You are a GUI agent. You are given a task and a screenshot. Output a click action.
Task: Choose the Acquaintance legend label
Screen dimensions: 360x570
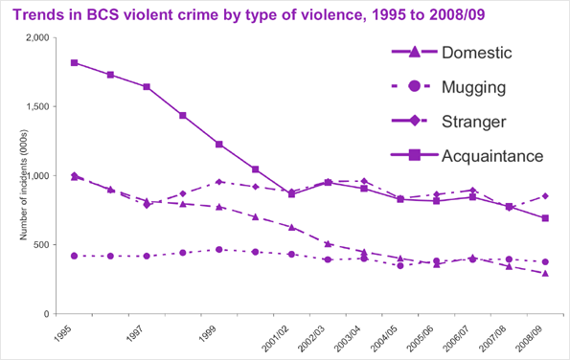click(492, 155)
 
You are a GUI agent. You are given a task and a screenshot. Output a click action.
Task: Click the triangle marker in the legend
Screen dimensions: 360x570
click(414, 52)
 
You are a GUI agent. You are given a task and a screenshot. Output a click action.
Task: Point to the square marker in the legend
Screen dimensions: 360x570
click(414, 155)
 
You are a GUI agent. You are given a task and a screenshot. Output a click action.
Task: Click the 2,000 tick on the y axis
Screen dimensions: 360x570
click(34, 38)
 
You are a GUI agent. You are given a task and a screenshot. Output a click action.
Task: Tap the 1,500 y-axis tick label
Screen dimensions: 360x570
click(34, 107)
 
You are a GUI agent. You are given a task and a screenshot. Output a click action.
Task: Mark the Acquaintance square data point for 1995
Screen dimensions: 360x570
click(74, 63)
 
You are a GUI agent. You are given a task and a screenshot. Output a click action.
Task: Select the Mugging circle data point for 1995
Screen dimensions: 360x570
click(74, 256)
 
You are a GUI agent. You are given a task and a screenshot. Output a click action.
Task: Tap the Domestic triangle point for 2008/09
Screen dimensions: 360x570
click(546, 273)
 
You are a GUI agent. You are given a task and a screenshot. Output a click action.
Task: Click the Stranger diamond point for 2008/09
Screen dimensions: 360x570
click(546, 196)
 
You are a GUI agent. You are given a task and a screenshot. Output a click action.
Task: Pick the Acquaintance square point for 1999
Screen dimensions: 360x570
click(219, 145)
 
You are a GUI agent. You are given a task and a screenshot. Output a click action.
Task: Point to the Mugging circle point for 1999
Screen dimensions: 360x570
click(219, 249)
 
